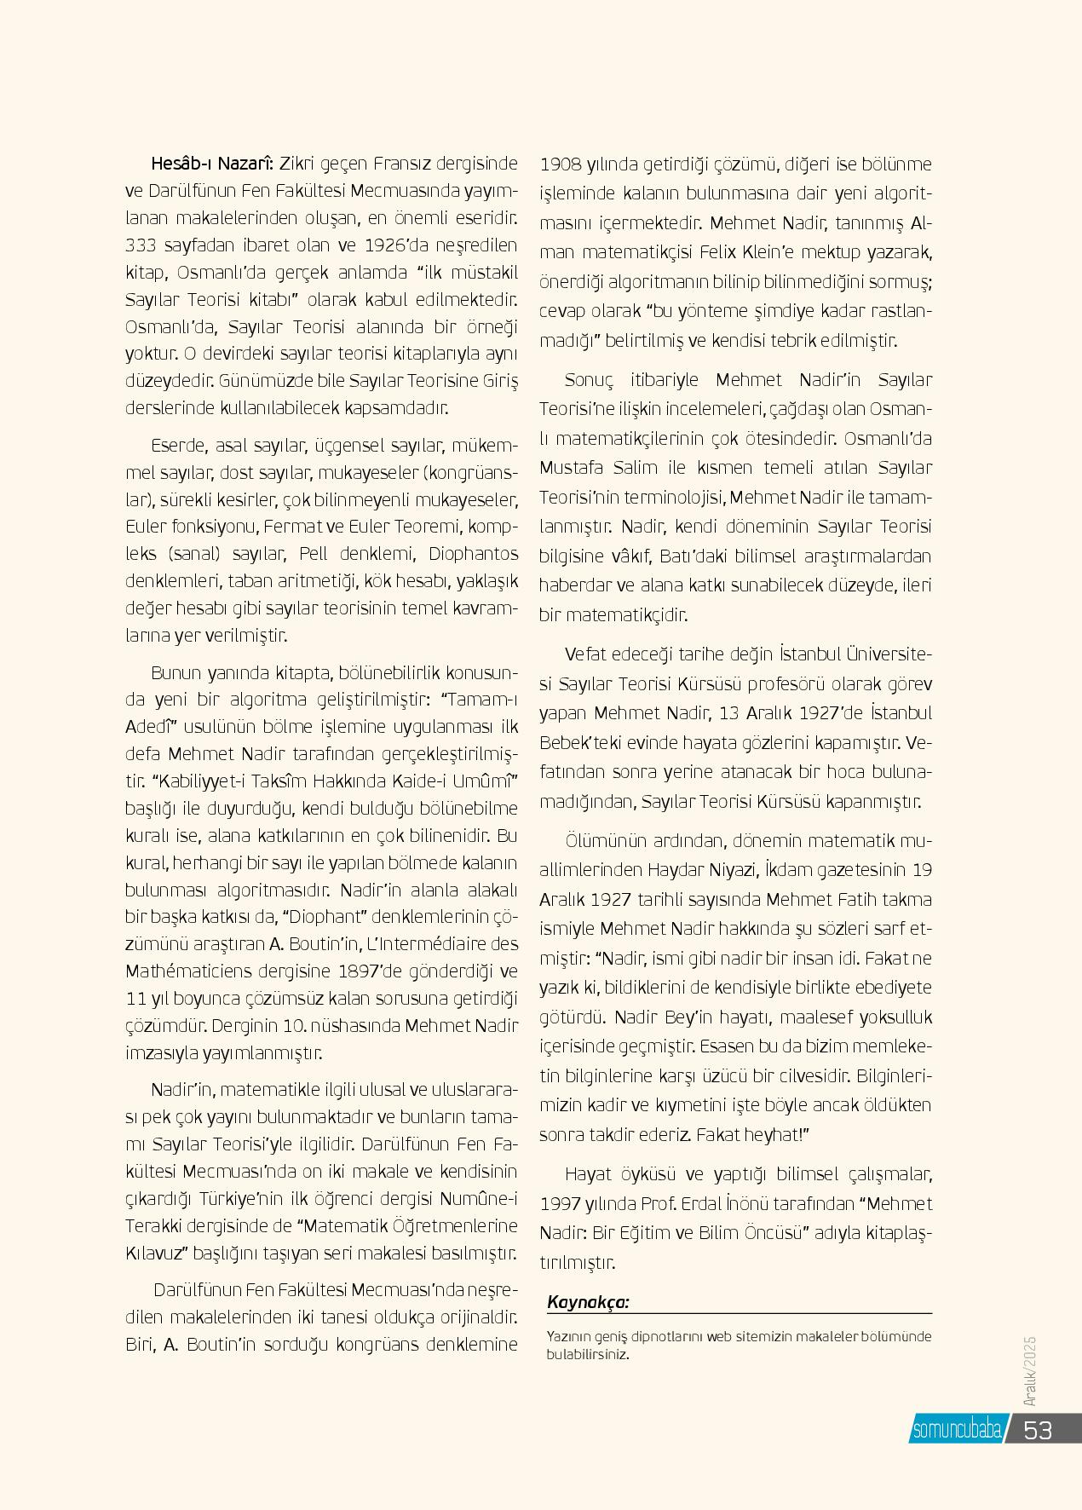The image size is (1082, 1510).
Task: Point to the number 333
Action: (141, 245)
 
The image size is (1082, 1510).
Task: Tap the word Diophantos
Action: (473, 554)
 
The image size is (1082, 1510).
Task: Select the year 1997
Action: (561, 1203)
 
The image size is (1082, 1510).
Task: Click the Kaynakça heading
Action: (589, 1302)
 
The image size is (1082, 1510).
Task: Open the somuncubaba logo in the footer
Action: (956, 1428)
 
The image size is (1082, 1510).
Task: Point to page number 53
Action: (1038, 1429)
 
